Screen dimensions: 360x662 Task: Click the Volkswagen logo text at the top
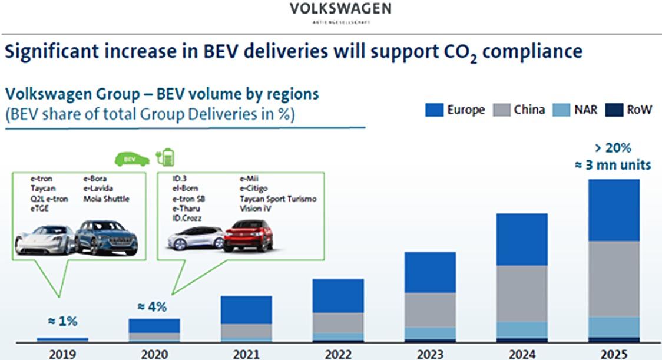(x=340, y=8)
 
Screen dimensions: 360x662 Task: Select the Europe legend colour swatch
(x=434, y=110)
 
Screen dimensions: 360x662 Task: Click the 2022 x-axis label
(x=337, y=354)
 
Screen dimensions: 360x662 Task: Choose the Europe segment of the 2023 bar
(x=430, y=272)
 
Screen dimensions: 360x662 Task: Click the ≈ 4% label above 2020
(x=152, y=307)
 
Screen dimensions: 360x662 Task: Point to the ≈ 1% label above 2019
(x=62, y=321)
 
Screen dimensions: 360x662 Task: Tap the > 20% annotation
(x=614, y=148)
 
